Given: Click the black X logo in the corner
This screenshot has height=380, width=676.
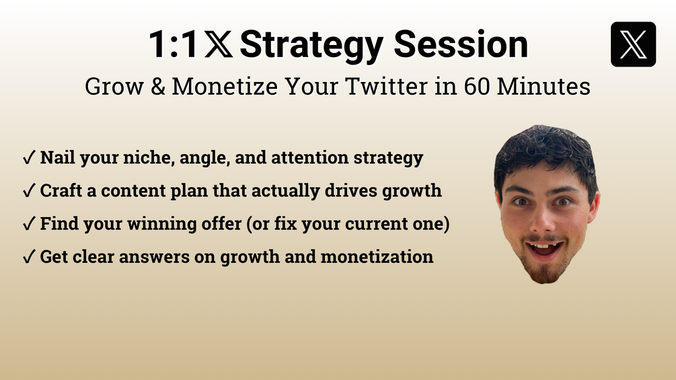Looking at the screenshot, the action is (x=634, y=44).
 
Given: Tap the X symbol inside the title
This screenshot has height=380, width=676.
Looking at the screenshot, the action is (x=219, y=44).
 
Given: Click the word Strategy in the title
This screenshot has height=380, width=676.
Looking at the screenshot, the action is (x=311, y=46).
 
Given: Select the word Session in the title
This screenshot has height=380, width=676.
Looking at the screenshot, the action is (x=461, y=44).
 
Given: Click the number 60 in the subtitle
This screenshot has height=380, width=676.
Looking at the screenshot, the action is (x=478, y=86).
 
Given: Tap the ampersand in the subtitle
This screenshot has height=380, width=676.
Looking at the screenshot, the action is (x=158, y=86).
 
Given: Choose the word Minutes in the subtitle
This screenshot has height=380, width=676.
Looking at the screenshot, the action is (x=543, y=86).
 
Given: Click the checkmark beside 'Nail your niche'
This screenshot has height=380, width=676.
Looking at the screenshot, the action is (x=29, y=157).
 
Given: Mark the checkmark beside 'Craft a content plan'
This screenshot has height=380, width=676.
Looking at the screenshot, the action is (x=29, y=190).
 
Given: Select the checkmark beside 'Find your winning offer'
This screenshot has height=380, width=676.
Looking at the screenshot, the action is (x=29, y=223).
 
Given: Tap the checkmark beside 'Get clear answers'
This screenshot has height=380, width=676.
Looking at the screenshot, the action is (x=29, y=257).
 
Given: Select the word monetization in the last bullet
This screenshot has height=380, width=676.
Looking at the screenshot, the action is (x=377, y=257).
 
